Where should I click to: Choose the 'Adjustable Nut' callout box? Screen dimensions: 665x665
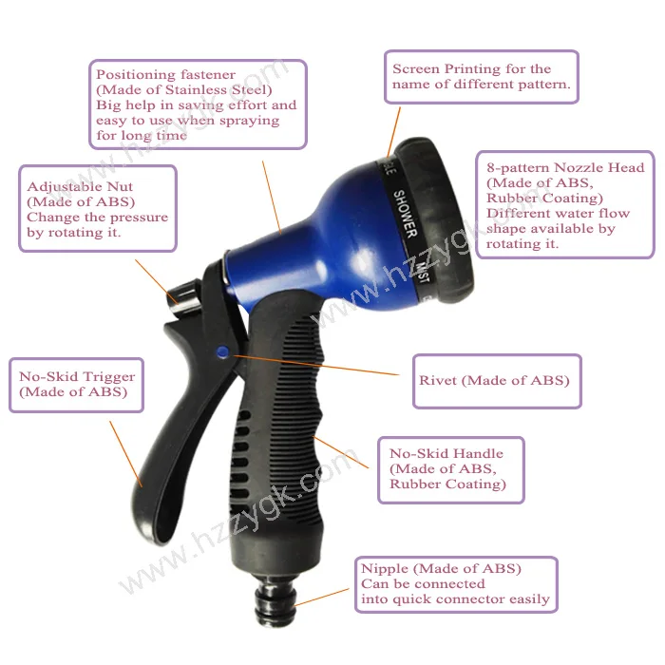(98, 210)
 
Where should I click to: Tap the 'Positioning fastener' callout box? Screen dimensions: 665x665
(199, 104)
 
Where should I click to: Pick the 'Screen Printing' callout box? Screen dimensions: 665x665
(484, 77)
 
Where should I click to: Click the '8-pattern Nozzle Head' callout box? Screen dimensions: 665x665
(565, 204)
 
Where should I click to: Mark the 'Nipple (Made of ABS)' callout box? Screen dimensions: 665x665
(455, 584)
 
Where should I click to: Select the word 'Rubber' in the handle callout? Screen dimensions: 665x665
(405, 484)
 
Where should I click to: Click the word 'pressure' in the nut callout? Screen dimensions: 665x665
(136, 217)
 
